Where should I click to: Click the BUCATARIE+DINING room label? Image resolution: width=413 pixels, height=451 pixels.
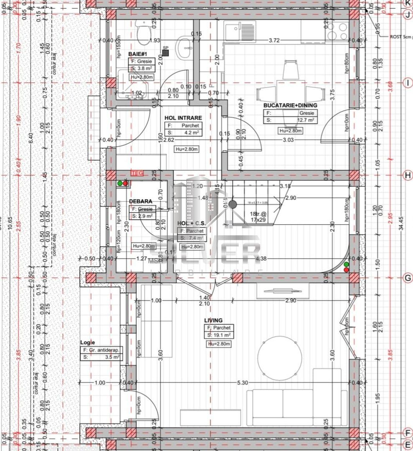pos(290,106)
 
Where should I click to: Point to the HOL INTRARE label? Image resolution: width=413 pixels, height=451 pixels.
pos(183,118)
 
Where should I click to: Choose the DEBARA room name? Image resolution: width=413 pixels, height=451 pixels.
pos(141,201)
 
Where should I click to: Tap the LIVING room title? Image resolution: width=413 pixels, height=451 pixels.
pos(213,320)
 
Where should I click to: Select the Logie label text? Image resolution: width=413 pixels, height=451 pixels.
pos(88,342)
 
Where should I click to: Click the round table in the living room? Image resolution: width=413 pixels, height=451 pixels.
pos(279,358)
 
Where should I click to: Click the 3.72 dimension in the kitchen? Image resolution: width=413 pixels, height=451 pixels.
pos(274,40)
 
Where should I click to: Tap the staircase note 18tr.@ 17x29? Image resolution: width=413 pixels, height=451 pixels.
pos(258,216)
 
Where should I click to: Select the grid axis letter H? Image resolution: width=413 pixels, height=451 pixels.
pos(407,175)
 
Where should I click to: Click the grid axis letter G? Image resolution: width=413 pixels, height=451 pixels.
pos(407,277)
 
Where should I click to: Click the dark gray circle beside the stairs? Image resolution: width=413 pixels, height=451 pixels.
pos(232,205)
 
